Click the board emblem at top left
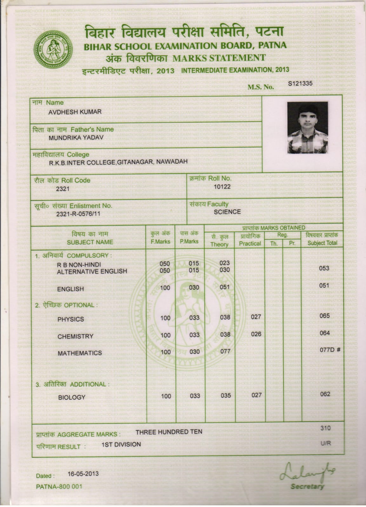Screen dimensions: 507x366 point(53,49)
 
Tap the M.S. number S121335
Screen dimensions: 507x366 point(300,83)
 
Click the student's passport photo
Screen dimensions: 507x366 point(307,127)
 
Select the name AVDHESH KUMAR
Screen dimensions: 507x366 point(75,112)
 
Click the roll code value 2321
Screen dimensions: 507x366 point(63,189)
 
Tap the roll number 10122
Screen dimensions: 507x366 point(222,186)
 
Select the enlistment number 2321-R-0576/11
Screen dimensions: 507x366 point(78,214)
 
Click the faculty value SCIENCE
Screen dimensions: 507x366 point(227,212)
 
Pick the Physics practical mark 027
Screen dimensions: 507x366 point(256,317)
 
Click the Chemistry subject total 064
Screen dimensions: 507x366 point(325,333)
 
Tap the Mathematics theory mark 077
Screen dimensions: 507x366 point(225,351)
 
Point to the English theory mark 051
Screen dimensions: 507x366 point(224,287)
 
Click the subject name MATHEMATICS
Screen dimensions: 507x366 point(80,353)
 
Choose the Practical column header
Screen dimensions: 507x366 point(250,244)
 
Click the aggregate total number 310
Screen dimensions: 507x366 point(325,428)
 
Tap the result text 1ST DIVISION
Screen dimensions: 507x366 point(121,445)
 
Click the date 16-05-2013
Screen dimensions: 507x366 point(83,474)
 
